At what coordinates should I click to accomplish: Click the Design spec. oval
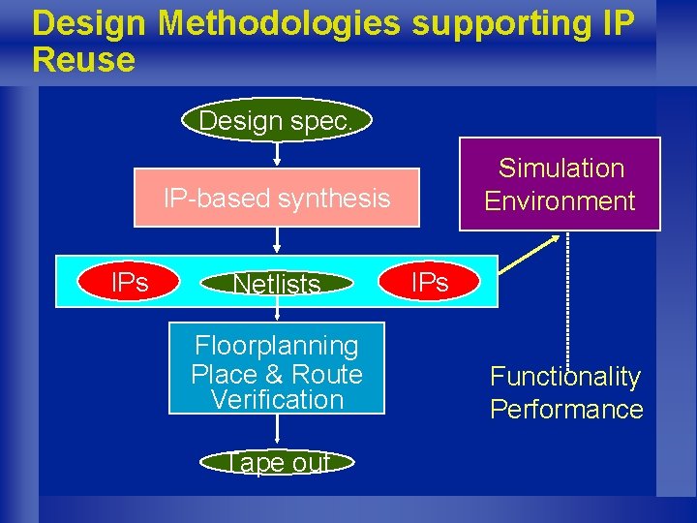pyautogui.click(x=277, y=122)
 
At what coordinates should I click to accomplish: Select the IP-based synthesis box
pyautogui.click(x=277, y=199)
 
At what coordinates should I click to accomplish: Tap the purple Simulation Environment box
pyautogui.click(x=560, y=184)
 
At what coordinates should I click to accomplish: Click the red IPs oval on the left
pyautogui.click(x=130, y=282)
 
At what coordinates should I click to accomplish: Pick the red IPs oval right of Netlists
pyautogui.click(x=430, y=282)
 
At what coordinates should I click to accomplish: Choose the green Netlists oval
pyautogui.click(x=277, y=284)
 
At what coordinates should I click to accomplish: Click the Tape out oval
pyautogui.click(x=277, y=462)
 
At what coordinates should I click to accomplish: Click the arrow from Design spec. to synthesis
pyautogui.click(x=277, y=154)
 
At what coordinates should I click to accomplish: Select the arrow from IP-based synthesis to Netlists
pyautogui.click(x=277, y=241)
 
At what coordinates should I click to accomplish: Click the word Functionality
pyautogui.click(x=565, y=377)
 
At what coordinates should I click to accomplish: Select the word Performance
pyautogui.click(x=566, y=410)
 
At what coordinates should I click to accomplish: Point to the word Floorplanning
pyautogui.click(x=277, y=346)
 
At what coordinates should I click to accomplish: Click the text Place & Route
pyautogui.click(x=277, y=374)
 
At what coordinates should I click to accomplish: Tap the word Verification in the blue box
pyautogui.click(x=277, y=399)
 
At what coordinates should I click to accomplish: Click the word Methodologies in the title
pyautogui.click(x=280, y=24)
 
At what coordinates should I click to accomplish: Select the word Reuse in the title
pyautogui.click(x=83, y=60)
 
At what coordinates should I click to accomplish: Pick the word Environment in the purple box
pyautogui.click(x=560, y=201)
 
